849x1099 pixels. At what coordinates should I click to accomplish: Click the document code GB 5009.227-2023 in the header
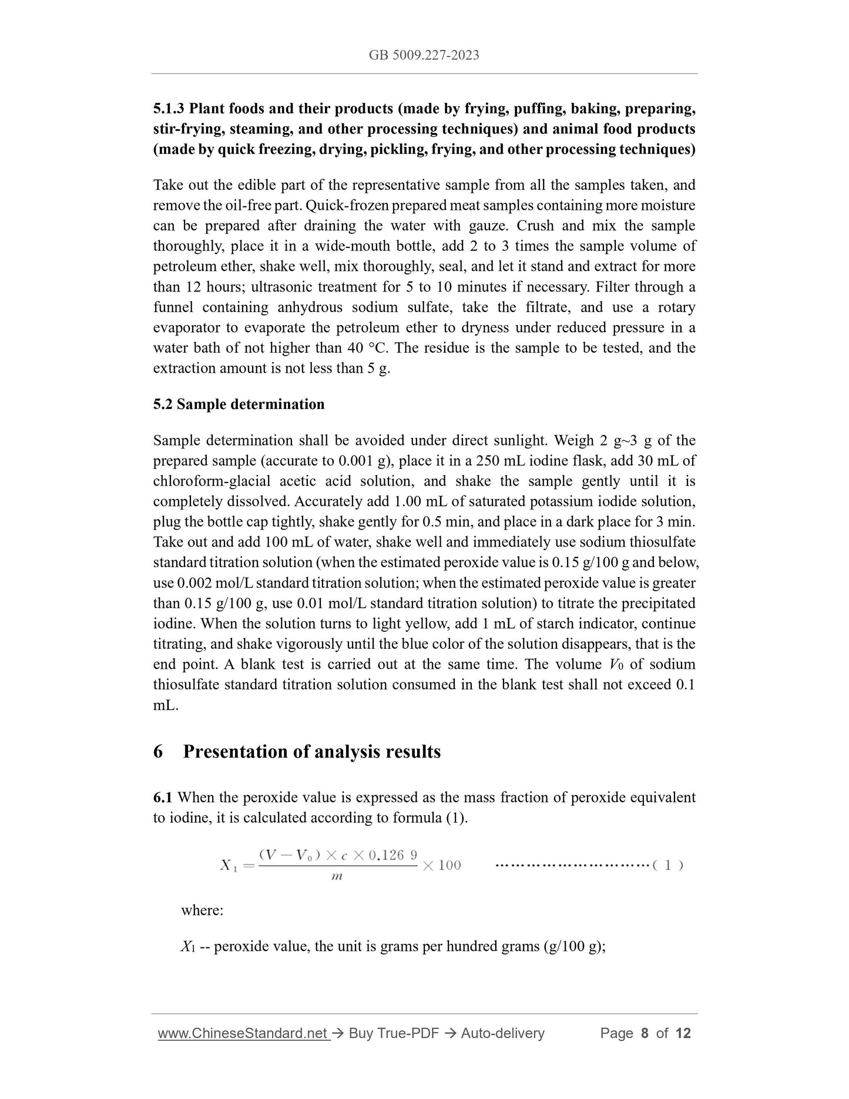pos(424,55)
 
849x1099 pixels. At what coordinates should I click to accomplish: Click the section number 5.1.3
pos(169,109)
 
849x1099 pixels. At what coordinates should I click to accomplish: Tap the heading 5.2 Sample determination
pos(239,404)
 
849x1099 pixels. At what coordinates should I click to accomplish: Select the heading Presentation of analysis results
pos(311,752)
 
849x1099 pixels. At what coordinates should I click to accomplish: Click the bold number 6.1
pos(163,798)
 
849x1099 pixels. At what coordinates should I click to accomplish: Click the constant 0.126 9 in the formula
pos(392,855)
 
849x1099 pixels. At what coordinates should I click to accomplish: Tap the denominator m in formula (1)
pos(337,876)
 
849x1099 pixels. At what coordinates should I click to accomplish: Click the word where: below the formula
pos(202,910)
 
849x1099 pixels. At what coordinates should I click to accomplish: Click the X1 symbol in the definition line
pos(188,947)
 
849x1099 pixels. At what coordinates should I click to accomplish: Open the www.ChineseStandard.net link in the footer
pos(243,1033)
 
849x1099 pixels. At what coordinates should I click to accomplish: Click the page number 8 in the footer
pos(645,1033)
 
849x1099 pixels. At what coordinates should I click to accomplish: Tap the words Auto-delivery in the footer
pos(502,1033)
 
